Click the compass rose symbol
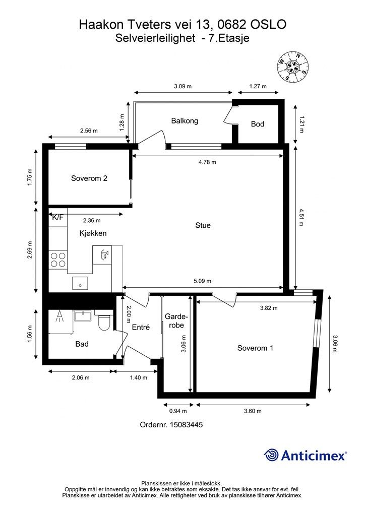(293, 67)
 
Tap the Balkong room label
(185, 121)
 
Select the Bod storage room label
(258, 124)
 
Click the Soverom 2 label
(89, 178)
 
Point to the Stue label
(203, 225)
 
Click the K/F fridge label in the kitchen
(57, 217)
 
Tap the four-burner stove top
(58, 260)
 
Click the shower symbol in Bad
(59, 316)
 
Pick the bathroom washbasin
(84, 315)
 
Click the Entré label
(141, 327)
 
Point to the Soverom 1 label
(255, 348)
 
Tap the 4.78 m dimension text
(207, 162)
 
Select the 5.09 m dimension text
(202, 281)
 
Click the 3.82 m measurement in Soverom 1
(269, 308)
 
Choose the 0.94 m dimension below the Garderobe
(178, 411)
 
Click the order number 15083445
(186, 425)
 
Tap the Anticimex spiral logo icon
(271, 456)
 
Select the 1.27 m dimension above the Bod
(258, 87)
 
